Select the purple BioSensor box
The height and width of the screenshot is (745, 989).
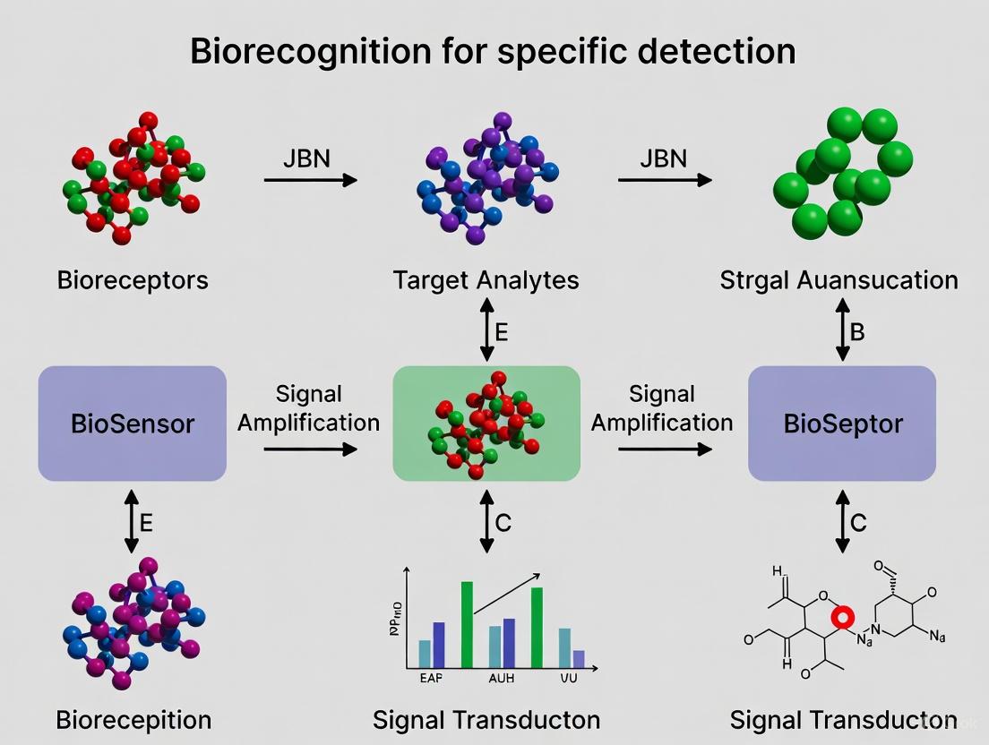(133, 423)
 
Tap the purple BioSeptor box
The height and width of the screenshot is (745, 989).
(841, 423)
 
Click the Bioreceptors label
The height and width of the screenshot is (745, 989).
(133, 279)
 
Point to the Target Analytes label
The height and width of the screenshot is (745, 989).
(486, 279)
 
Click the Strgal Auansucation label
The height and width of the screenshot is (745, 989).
(838, 279)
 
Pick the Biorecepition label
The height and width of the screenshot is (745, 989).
(133, 719)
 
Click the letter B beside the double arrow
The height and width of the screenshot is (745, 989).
(857, 332)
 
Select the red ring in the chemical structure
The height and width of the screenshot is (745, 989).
(842, 618)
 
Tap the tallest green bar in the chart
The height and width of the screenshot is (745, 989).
(467, 624)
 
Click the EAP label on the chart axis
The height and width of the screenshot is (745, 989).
(431, 678)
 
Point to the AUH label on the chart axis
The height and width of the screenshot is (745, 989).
(501, 678)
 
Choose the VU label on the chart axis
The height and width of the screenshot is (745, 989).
(569, 678)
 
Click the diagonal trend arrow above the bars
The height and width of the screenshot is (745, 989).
(507, 594)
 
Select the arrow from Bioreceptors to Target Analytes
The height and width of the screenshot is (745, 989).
(310, 180)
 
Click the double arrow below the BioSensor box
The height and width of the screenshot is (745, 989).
(132, 520)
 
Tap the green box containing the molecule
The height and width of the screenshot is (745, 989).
(486, 423)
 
